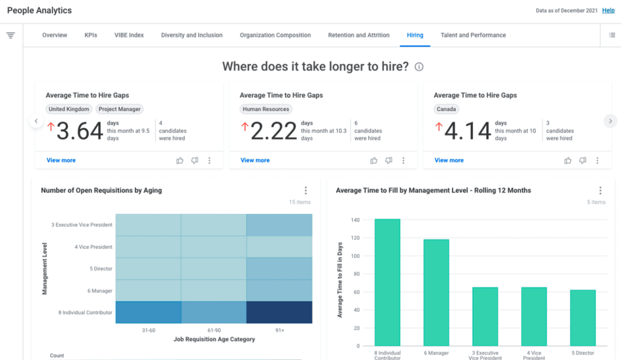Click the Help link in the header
(608, 11)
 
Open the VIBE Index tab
(129, 35)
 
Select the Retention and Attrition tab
(359, 35)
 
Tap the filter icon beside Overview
(11, 35)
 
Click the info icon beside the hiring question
(419, 67)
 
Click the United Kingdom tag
(69, 109)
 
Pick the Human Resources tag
(266, 109)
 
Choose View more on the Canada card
(449, 161)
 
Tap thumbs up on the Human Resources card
(374, 161)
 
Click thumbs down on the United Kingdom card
(195, 161)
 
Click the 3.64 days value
(80, 131)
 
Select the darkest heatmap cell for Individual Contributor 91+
(279, 312)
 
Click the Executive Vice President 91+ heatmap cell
(279, 225)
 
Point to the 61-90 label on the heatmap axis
(214, 330)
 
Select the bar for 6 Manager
(436, 293)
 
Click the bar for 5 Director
(583, 318)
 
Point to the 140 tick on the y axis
(355, 220)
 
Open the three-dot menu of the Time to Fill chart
(600, 190)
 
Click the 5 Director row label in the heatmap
(101, 269)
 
